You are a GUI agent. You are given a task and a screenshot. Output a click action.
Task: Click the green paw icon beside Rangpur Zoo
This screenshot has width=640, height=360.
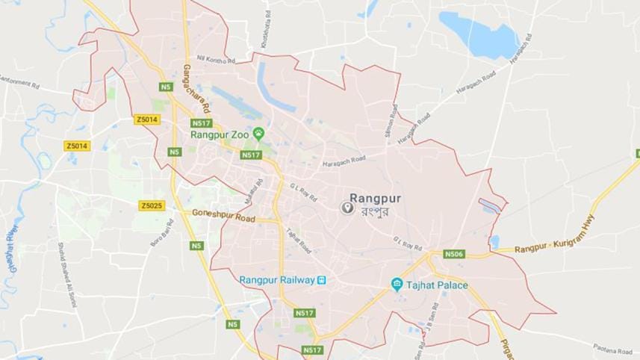pos(258,134)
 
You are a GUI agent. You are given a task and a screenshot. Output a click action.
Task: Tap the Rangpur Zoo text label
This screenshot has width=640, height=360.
pos(219,134)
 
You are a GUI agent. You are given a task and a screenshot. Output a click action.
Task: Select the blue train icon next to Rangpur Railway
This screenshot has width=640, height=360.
pos(321,280)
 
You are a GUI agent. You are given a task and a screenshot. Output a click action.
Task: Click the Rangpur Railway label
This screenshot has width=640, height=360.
pos(276,280)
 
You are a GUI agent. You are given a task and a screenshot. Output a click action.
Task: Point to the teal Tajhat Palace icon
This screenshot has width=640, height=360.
pos(397,285)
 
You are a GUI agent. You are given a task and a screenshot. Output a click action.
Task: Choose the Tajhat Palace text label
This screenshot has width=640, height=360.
pos(437,285)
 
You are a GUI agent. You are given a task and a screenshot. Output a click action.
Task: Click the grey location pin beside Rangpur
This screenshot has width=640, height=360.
pos(347,208)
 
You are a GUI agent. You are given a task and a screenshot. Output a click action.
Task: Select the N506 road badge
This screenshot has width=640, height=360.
pos(453,254)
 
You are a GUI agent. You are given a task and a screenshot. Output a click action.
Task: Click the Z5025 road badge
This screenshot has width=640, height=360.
pos(152,205)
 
